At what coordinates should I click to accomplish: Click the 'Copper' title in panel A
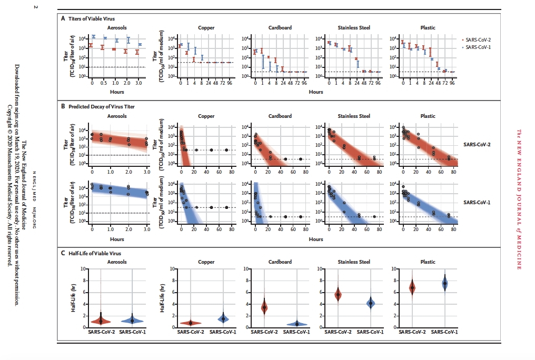(205, 27)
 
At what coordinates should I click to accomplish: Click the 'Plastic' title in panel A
(427, 27)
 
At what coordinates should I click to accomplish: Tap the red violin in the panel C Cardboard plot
(264, 307)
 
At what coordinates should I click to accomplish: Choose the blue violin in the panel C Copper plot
(223, 318)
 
